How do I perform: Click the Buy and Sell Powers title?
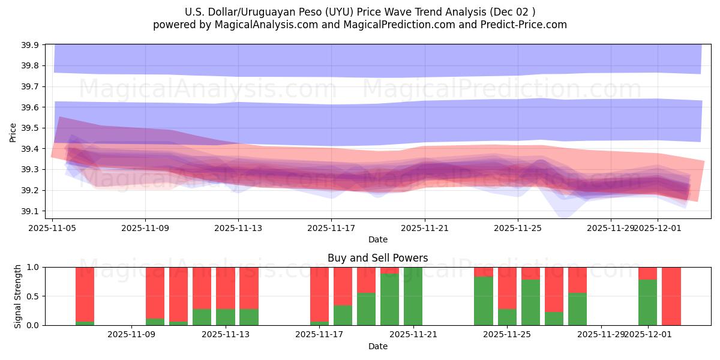[x=377, y=258]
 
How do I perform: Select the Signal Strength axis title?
[x=18, y=296]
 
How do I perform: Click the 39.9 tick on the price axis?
[x=31, y=45]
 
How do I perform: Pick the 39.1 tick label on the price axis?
[x=31, y=211]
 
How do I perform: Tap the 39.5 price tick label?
[x=31, y=128]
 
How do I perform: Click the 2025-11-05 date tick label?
[x=52, y=228]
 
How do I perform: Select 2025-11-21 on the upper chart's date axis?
[x=425, y=228]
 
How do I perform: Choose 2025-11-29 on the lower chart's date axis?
[x=601, y=335]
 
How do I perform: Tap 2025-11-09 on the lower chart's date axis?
[x=131, y=335]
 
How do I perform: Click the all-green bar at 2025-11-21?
[x=413, y=296]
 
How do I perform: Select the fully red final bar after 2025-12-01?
[x=671, y=296]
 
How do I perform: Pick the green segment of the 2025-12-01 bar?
[x=647, y=302]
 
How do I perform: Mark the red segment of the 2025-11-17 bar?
[x=319, y=294]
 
